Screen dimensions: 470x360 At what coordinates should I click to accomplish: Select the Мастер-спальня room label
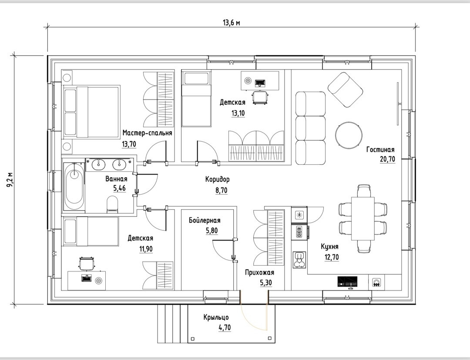pyautogui.click(x=147, y=133)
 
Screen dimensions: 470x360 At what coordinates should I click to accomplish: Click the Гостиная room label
pyautogui.click(x=380, y=150)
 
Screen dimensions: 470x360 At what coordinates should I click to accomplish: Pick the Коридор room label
pyautogui.click(x=217, y=179)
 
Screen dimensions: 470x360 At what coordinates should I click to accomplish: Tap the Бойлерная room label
pyautogui.click(x=205, y=220)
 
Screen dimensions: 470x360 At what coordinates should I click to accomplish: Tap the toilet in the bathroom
pyautogui.click(x=112, y=205)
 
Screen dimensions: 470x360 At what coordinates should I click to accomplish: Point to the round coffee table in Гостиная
pyautogui.click(x=349, y=135)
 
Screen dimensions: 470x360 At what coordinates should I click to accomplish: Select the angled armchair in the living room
pyautogui.click(x=345, y=90)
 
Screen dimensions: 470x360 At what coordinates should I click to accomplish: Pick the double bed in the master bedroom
pyautogui.click(x=91, y=111)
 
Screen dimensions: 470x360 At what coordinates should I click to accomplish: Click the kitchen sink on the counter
pyautogui.click(x=299, y=260)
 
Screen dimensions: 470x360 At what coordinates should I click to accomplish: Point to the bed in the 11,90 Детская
pyautogui.click(x=91, y=231)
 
